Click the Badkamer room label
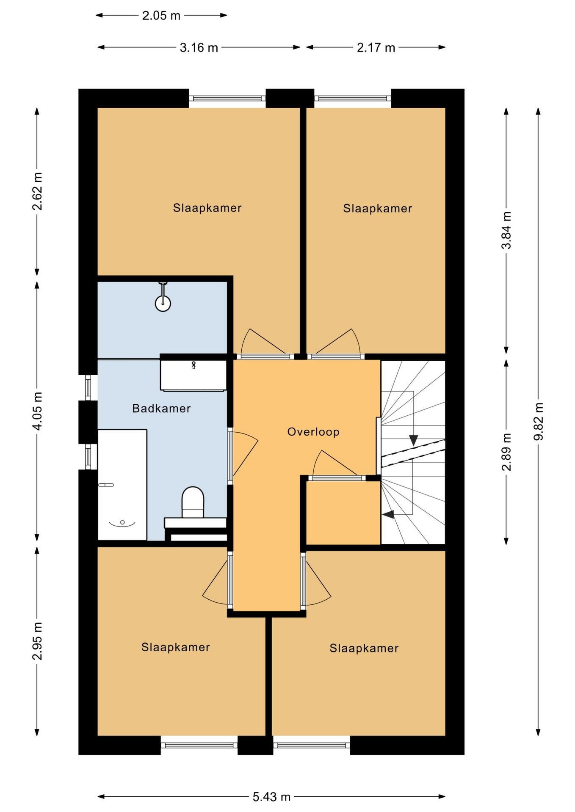[161, 409]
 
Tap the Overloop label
[313, 432]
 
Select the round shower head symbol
[163, 302]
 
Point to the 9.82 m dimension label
[538, 421]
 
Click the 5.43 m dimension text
[271, 797]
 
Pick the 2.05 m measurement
[161, 16]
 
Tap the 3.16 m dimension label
[199, 48]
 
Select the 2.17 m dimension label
[376, 48]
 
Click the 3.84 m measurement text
[506, 230]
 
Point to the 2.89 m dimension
[506, 452]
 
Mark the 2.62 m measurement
[37, 191]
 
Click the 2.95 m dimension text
[37, 641]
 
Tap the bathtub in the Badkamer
[122, 485]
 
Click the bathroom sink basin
[193, 375]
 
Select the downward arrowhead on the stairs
[413, 440]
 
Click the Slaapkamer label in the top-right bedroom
[378, 208]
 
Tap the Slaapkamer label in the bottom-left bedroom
[176, 647]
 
